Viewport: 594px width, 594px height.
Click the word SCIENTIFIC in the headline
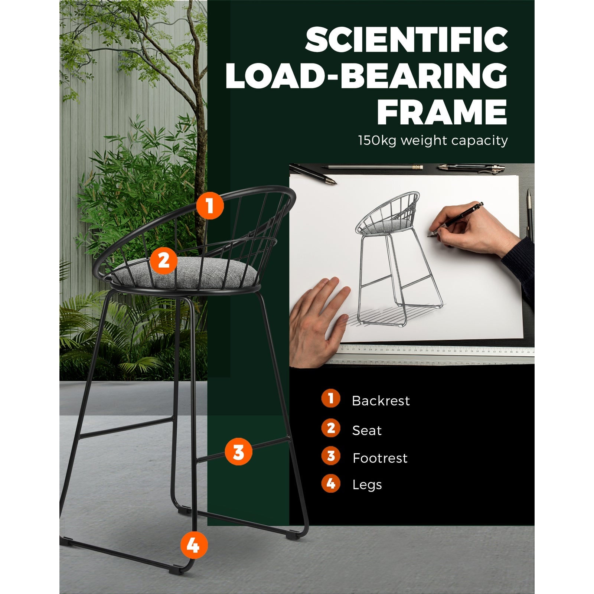pos(407,40)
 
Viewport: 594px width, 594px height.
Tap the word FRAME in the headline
pos(442,112)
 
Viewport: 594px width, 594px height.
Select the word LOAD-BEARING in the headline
pos(366,76)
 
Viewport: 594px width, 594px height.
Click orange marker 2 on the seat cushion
pos(164,261)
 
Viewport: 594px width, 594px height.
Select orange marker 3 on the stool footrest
pos(238,452)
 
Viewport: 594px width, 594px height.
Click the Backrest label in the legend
pos(381,401)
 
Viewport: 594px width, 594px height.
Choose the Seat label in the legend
pos(367,431)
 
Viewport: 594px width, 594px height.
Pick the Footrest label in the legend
pos(380,458)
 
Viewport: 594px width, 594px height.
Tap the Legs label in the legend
pos(367,485)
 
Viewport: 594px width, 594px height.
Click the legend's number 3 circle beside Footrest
pos(331,456)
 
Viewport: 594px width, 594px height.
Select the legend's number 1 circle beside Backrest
pos(331,398)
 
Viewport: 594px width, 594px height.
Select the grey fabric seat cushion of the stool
pos(185,274)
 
